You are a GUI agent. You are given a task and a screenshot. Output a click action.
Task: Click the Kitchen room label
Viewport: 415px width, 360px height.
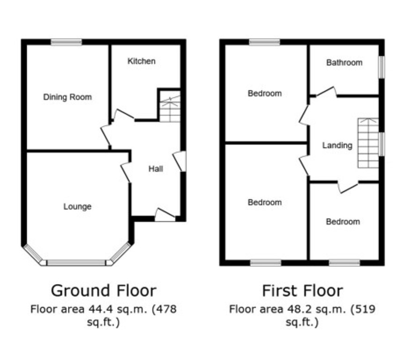(141, 61)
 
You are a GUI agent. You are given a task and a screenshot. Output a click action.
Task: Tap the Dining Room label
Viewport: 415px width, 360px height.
(67, 97)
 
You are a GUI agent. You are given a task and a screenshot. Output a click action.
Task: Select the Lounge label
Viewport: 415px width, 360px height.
(77, 207)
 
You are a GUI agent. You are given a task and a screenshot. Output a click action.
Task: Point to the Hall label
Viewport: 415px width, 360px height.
(156, 169)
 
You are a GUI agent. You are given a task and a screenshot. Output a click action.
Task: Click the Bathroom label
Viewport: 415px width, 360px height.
(344, 63)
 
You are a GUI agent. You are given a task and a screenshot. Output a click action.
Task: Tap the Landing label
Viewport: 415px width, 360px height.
(337, 145)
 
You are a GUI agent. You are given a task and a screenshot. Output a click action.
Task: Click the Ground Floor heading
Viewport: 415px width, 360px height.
(104, 291)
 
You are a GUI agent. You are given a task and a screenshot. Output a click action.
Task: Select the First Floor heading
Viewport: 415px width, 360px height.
(303, 291)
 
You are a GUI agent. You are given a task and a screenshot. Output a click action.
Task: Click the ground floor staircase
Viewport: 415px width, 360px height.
(170, 106)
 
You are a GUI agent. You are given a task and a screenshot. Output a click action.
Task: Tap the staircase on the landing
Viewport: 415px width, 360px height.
(368, 143)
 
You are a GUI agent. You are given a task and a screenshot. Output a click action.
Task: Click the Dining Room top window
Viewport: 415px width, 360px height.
(67, 42)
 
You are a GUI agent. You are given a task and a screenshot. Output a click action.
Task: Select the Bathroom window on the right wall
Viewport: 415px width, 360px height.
(382, 67)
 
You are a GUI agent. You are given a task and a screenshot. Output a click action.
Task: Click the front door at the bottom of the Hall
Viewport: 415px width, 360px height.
(164, 215)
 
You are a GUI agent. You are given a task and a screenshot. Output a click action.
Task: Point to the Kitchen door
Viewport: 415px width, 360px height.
(123, 115)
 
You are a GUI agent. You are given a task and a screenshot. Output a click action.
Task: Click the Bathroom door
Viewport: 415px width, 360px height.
(326, 91)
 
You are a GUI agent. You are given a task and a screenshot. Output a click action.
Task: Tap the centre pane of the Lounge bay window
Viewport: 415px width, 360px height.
(76, 263)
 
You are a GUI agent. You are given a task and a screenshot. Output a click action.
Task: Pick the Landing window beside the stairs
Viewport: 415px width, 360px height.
(382, 144)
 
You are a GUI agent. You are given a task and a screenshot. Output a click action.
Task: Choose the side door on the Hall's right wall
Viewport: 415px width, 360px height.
(180, 161)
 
